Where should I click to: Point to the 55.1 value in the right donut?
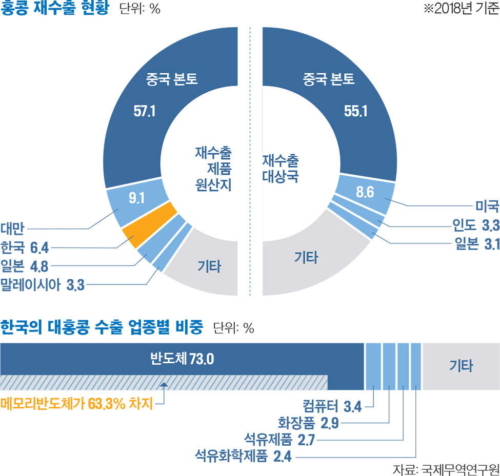pyautogui.click(x=355, y=111)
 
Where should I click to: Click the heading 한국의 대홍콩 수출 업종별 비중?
pyautogui.click(x=102, y=327)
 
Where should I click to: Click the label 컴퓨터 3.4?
pyautogui.click(x=332, y=407)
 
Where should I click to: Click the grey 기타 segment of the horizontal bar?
pyautogui.click(x=461, y=366)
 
